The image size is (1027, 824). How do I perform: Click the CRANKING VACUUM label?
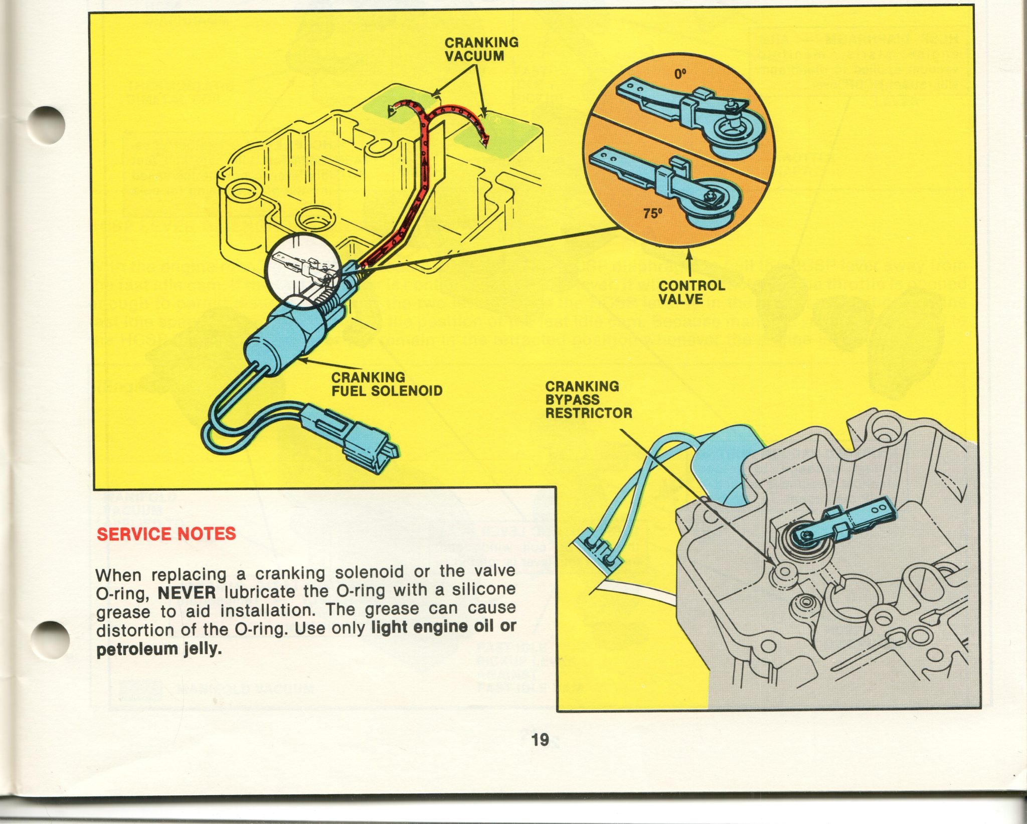coord(481,49)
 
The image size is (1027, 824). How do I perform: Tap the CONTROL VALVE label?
coord(691,292)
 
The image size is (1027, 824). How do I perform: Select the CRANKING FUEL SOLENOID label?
coord(387,384)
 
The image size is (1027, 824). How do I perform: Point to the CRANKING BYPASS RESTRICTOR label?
coord(588,399)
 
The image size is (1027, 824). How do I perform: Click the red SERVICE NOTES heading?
coord(166,534)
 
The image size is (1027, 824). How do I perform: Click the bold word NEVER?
coord(187,593)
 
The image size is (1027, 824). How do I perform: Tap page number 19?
coord(540,739)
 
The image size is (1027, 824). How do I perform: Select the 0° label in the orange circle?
coord(679,75)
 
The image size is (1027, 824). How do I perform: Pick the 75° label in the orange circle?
coord(652,214)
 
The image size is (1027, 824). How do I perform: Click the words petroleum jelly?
coord(158,649)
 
